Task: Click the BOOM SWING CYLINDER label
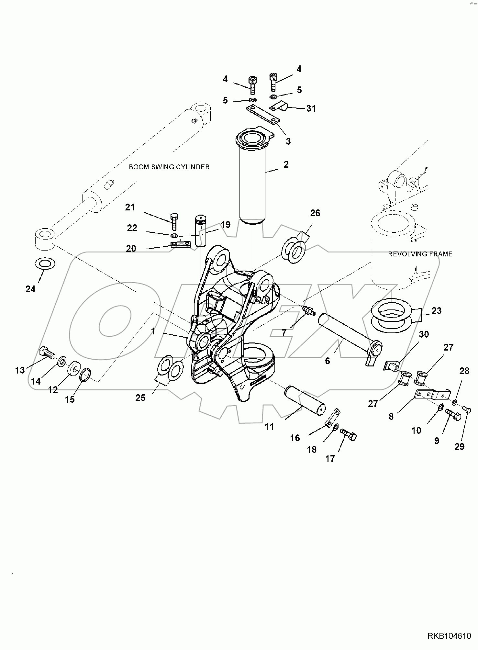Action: [169, 167]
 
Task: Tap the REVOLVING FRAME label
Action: [420, 254]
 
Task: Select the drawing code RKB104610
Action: [449, 636]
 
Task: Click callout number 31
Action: [311, 108]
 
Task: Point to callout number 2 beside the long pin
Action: [286, 164]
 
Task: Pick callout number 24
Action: [30, 289]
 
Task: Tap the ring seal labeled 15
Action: [85, 375]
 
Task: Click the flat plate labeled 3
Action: [262, 115]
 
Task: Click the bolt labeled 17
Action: [348, 435]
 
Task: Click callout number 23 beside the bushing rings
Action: [436, 311]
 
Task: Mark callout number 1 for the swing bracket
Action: [153, 331]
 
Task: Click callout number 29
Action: [459, 447]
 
